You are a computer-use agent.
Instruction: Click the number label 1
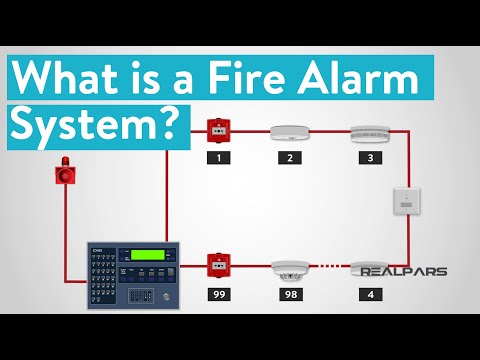pos(218,158)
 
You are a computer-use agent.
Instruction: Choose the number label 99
pos(218,295)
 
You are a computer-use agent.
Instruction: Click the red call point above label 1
pos(218,130)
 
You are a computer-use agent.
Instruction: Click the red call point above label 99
pos(218,267)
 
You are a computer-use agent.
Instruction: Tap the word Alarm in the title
pos(372,78)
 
